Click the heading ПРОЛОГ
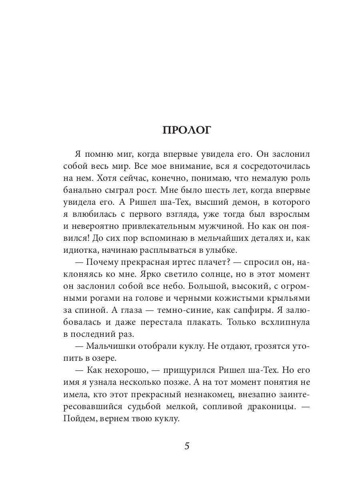[x=186, y=130]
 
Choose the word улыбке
[x=222, y=250]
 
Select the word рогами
[x=102, y=299]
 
